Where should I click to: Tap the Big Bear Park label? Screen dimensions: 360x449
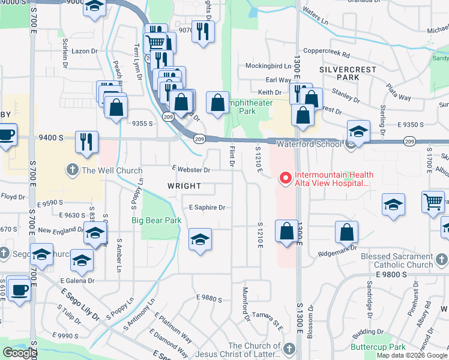[x=157, y=220]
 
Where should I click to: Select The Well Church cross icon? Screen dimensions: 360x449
[x=73, y=170]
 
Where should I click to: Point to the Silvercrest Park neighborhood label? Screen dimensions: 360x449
[x=348, y=73]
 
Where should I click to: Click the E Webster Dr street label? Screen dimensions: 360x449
[x=190, y=170]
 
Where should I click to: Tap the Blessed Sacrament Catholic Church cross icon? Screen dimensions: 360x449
[x=441, y=260]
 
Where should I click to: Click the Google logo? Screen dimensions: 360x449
[x=20, y=353]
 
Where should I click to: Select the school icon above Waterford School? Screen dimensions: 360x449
[x=358, y=131]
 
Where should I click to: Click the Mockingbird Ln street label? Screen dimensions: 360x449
[x=268, y=65]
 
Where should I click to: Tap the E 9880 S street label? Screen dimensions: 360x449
[x=209, y=298]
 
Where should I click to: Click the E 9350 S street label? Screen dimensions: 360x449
[x=411, y=124]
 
